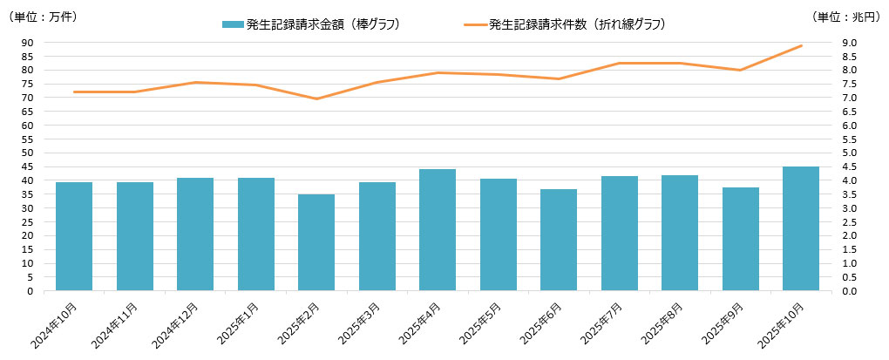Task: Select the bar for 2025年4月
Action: tap(438, 229)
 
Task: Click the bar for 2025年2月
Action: tap(316, 242)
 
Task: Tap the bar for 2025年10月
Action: tap(801, 228)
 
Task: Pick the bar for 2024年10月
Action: tap(74, 236)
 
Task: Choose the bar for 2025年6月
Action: tap(559, 240)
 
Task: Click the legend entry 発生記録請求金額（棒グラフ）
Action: tap(310, 24)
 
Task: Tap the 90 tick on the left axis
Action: tap(27, 43)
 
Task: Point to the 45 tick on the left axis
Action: tap(27, 166)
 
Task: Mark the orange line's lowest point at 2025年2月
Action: tap(316, 98)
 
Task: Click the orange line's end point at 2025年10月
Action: tap(801, 45)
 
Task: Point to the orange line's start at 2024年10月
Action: tap(74, 92)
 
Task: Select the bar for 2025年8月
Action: tap(680, 233)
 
